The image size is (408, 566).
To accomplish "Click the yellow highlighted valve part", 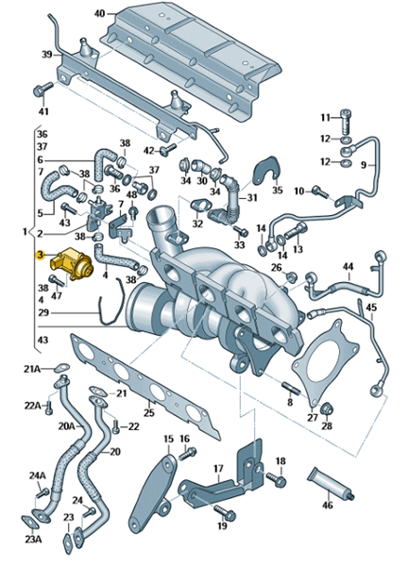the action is click(x=71, y=264).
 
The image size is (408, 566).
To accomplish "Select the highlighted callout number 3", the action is click(x=40, y=256).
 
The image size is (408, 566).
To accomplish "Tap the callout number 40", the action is click(x=99, y=14).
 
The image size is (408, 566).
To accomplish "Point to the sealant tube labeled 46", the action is click(x=331, y=483).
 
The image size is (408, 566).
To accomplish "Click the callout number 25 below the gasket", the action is click(x=149, y=412).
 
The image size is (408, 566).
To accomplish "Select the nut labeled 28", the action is click(x=327, y=408).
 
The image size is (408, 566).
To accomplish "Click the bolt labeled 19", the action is click(x=225, y=512).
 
